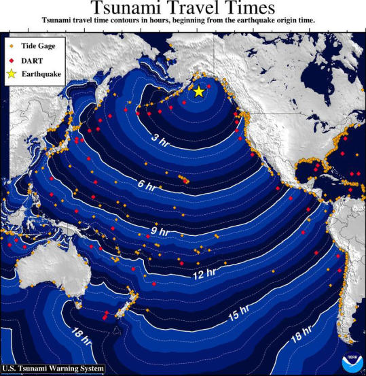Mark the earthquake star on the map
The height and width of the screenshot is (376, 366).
point(198,92)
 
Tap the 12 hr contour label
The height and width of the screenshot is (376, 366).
point(204,274)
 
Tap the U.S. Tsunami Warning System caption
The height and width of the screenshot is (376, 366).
point(54,369)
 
